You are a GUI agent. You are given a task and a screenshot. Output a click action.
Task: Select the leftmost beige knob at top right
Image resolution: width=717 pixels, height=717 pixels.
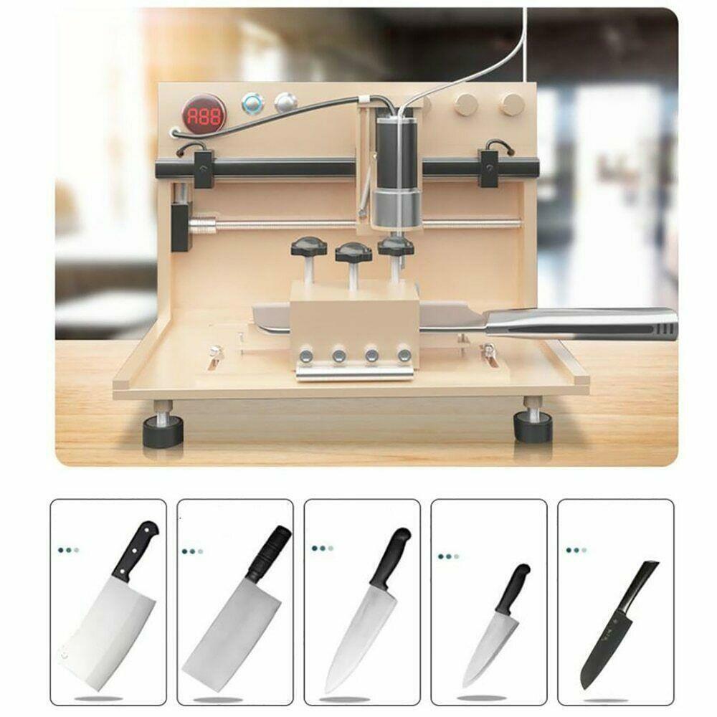coord(466,105)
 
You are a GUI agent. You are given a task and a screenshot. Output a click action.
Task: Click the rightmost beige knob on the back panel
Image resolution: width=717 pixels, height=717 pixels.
coord(511,104)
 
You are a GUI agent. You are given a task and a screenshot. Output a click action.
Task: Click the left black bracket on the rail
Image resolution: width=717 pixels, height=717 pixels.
coord(203,167)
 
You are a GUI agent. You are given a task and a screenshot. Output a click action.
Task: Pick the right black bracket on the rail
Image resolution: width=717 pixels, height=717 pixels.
coord(490,167)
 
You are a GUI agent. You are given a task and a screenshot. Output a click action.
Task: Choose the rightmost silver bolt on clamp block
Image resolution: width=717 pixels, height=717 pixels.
coord(405,354)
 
